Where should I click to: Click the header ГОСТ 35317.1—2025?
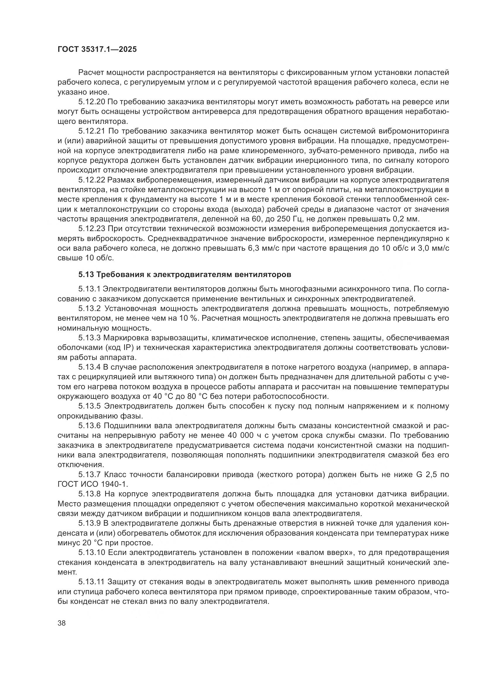[x=97, y=49]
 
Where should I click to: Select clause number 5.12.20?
[x=92, y=102]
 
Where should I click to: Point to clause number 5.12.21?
[x=92, y=131]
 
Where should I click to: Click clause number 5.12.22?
[x=92, y=180]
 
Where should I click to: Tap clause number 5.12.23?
[x=92, y=229]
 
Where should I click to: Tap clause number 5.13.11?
[x=92, y=582]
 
